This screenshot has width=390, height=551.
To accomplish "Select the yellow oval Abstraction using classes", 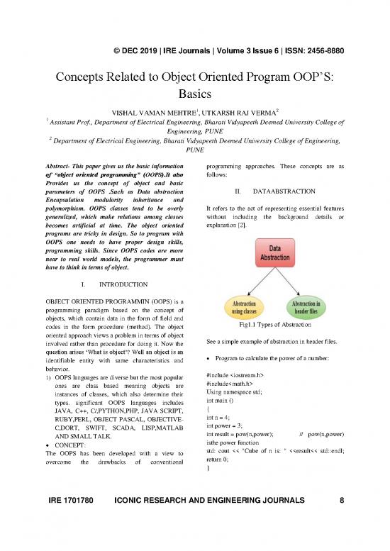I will click(x=244, y=307).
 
